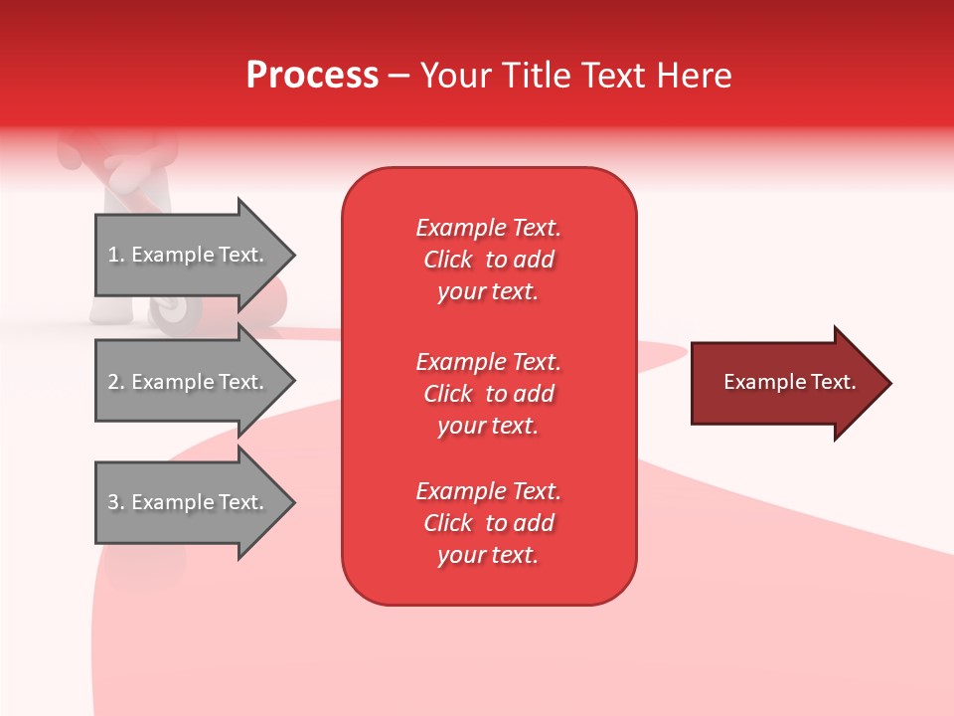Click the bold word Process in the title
pos(312,76)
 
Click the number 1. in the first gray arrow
pos(116,255)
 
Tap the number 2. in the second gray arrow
pos(116,382)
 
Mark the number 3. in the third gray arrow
pos(116,502)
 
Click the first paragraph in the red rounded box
pos(488,260)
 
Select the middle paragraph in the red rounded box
pos(488,394)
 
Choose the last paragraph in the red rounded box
pos(488,523)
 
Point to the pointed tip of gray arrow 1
pos(292,255)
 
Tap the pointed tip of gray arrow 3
pos(292,502)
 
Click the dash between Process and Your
pos(398,76)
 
